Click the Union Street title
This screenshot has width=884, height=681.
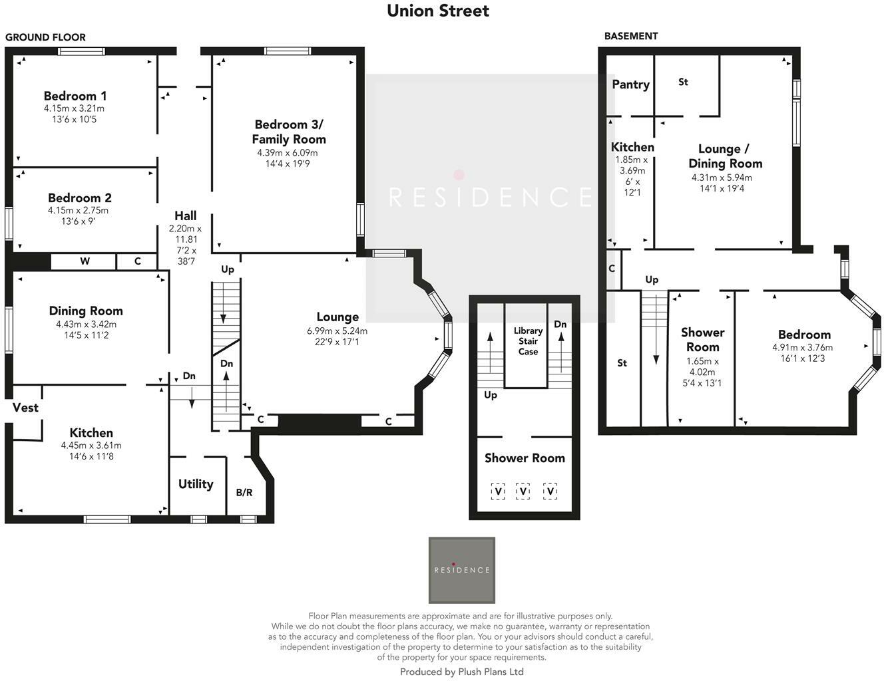click(x=438, y=11)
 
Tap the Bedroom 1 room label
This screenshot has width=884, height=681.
click(x=75, y=96)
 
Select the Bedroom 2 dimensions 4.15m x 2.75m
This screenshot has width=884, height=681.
click(x=78, y=210)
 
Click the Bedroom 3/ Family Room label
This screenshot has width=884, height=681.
click(x=289, y=132)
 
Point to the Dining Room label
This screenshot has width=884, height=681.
click(x=86, y=311)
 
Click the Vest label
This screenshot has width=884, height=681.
click(x=25, y=408)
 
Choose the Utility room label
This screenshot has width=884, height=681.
click(x=196, y=484)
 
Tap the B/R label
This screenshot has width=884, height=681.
click(x=244, y=493)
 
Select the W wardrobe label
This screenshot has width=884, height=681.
click(x=85, y=261)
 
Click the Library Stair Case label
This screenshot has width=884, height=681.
click(x=528, y=340)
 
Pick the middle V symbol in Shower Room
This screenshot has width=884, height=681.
click(x=523, y=491)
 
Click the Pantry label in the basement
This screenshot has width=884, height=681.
click(x=630, y=84)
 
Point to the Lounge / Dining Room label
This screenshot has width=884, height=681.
click(x=725, y=156)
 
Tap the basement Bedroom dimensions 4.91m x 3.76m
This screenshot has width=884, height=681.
click(x=802, y=347)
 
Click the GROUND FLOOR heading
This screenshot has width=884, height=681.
click(x=45, y=37)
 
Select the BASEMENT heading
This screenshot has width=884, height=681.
click(x=630, y=36)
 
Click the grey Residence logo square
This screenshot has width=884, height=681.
click(x=461, y=570)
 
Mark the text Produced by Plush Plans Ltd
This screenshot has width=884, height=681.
click(x=461, y=672)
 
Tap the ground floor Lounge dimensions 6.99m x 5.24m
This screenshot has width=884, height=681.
click(x=337, y=331)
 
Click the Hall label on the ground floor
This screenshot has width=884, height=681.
click(x=186, y=215)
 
